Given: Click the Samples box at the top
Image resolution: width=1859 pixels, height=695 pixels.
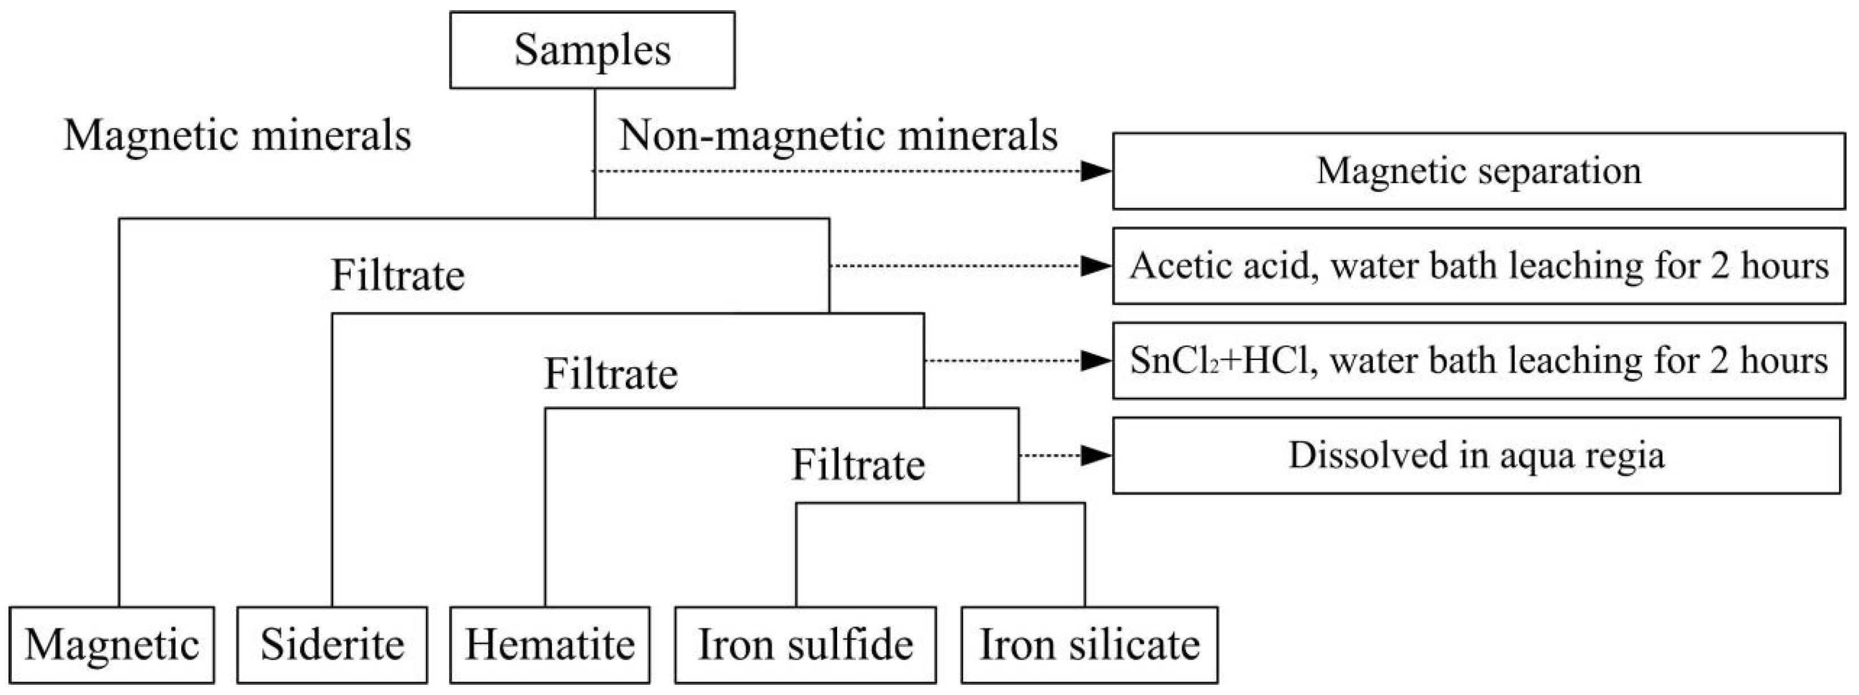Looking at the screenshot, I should [x=592, y=50].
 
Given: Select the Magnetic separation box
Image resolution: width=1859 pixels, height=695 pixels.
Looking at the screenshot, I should [x=1478, y=171].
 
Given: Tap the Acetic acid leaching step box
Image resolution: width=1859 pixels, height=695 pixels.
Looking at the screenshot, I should [x=1478, y=266].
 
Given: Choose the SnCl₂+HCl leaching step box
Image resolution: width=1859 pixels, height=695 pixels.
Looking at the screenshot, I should [x=1478, y=361].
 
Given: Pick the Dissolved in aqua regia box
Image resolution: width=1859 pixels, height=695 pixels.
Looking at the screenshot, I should [x=1476, y=455].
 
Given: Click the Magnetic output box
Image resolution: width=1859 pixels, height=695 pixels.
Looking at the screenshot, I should [x=112, y=645].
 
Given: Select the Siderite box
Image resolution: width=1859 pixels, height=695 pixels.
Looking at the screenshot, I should [x=332, y=645].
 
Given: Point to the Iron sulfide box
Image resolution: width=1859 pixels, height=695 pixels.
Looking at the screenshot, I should [x=806, y=645].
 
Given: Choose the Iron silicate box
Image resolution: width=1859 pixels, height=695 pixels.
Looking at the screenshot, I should [x=1089, y=645].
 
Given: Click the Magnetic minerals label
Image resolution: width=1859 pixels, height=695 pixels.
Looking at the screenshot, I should [x=237, y=135].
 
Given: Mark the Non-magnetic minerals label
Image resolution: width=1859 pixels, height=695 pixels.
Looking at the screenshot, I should [x=838, y=135].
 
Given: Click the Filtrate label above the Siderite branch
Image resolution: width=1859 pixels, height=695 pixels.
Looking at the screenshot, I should [x=397, y=275].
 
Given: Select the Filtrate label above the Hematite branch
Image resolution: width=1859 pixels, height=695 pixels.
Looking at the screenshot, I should [x=611, y=374].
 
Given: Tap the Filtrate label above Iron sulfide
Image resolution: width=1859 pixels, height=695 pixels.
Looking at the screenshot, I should [x=858, y=464].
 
